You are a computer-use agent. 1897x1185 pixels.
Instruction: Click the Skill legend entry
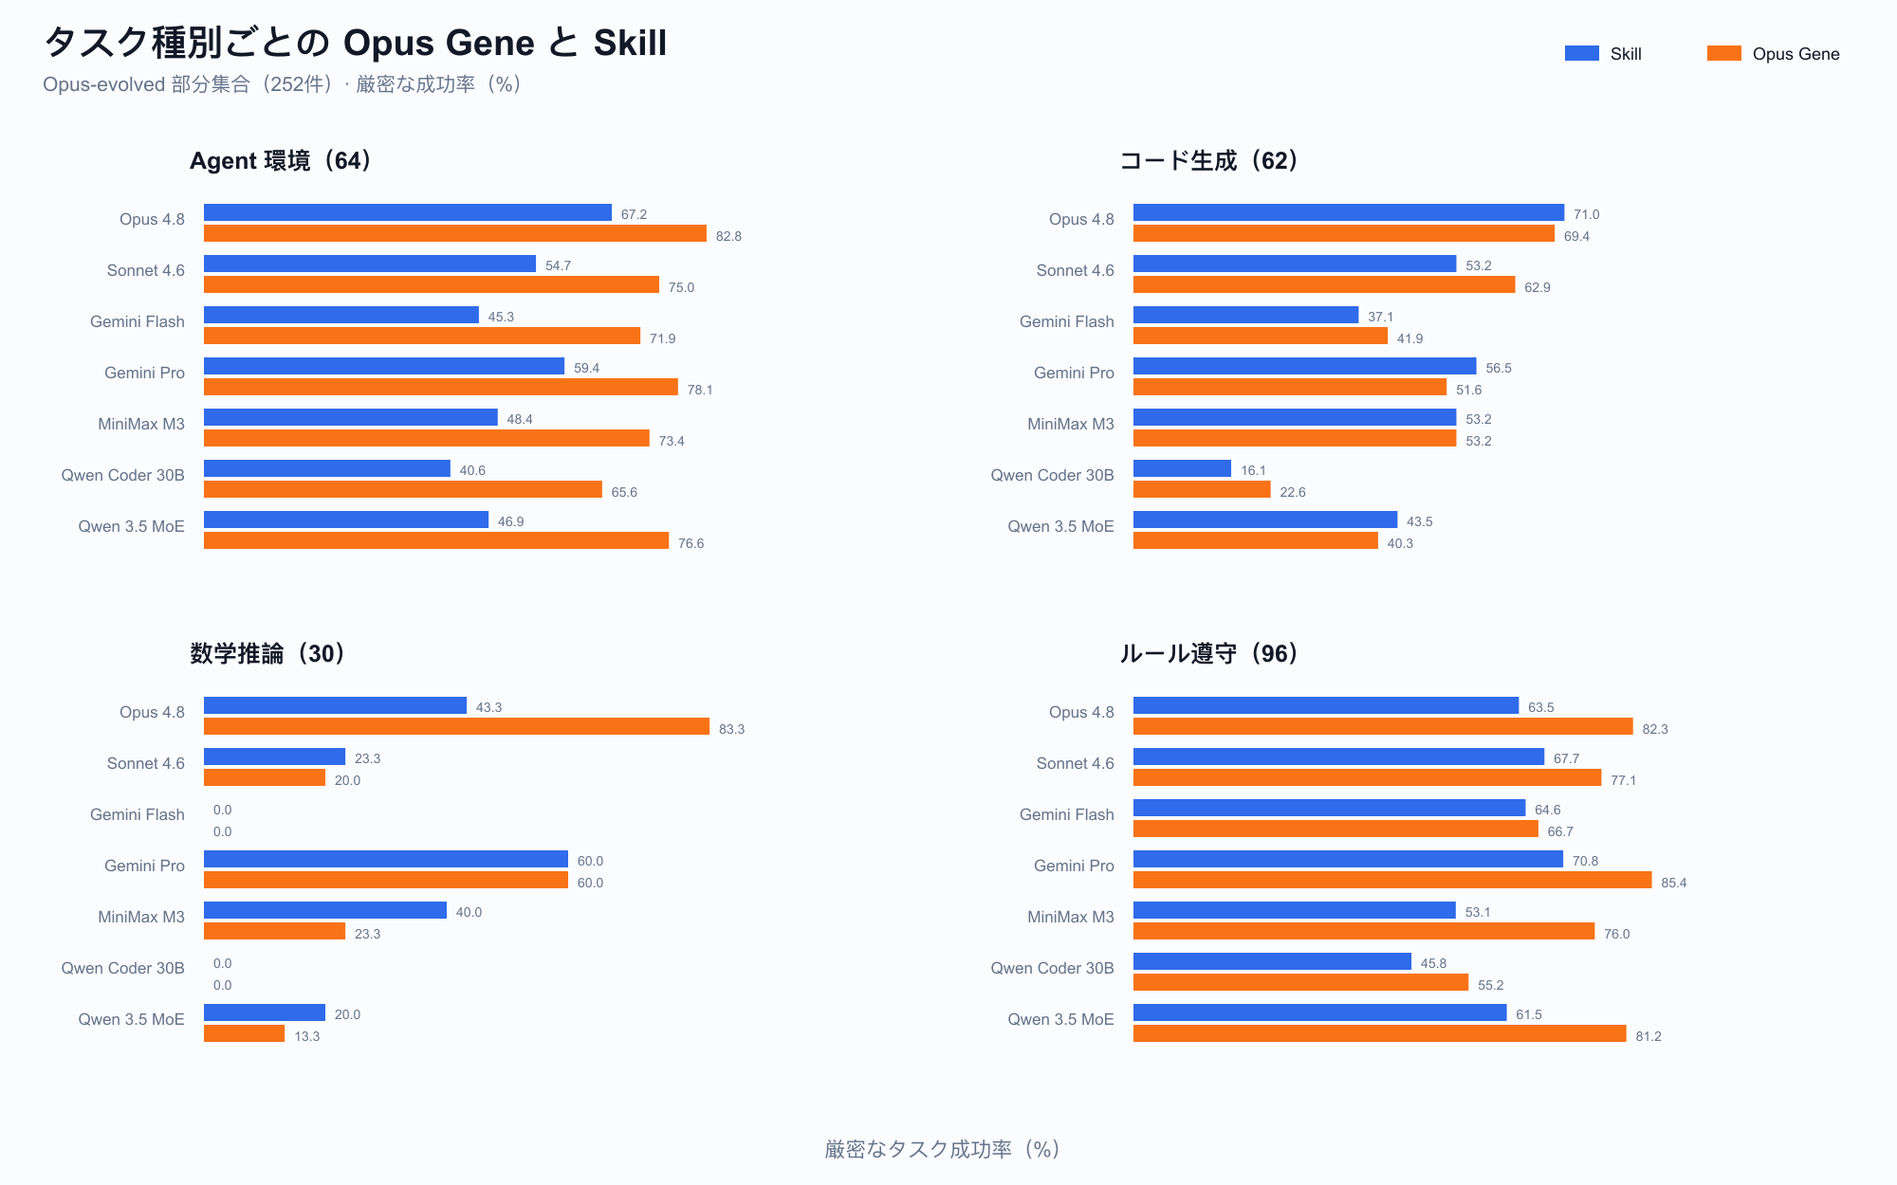tap(1603, 54)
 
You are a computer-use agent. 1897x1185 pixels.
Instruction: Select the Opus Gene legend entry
tap(1773, 54)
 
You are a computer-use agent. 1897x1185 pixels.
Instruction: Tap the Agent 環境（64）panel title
tap(283, 161)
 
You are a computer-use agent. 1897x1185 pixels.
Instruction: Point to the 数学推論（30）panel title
tap(269, 654)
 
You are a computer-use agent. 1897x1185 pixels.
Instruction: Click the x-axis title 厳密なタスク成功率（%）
tap(943, 1149)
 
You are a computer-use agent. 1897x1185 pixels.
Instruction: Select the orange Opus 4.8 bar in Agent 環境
tap(455, 233)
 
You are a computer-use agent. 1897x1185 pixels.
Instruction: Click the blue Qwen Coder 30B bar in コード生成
tap(1182, 468)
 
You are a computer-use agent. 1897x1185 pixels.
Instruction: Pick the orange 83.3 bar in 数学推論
tap(456, 726)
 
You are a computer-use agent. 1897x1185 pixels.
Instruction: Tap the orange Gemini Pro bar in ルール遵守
tap(1392, 880)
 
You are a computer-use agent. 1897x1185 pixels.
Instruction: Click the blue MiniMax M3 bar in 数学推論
tap(325, 910)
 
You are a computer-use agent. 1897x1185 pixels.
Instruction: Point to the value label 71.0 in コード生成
tap(1587, 215)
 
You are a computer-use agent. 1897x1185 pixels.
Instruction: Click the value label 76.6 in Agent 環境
tap(691, 543)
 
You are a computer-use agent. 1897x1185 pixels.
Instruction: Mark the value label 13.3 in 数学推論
tap(306, 1036)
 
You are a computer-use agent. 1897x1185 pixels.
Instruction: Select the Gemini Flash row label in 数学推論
tap(138, 814)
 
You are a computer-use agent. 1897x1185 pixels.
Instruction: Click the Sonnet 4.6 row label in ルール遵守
tap(1076, 763)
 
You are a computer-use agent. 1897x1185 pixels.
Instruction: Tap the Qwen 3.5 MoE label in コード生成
tap(1060, 526)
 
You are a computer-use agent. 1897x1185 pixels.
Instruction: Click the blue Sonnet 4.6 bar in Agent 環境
tap(370, 264)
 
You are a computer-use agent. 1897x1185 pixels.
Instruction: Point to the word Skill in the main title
tap(630, 43)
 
